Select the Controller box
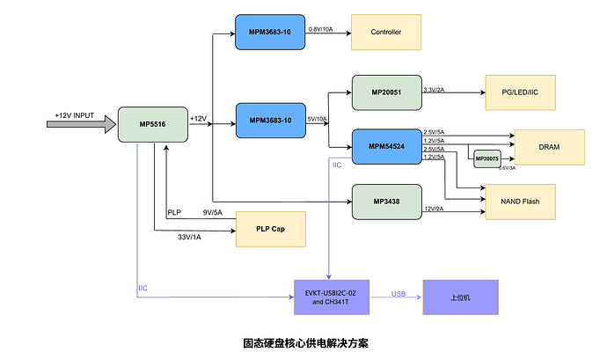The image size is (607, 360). coord(385,33)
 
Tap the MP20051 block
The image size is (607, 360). coord(385,92)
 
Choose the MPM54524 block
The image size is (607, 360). coord(385,147)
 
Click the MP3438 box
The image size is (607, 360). coord(385,202)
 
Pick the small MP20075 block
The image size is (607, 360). coord(486,158)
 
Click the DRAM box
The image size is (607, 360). coord(549,146)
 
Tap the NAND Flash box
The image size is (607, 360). coord(519,202)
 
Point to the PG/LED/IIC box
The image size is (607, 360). coord(519,92)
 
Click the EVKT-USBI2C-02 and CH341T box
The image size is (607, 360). coord(329,298)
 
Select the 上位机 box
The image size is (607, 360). coord(460,298)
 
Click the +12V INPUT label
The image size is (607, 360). coord(74,115)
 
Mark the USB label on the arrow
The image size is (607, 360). coord(399,294)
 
